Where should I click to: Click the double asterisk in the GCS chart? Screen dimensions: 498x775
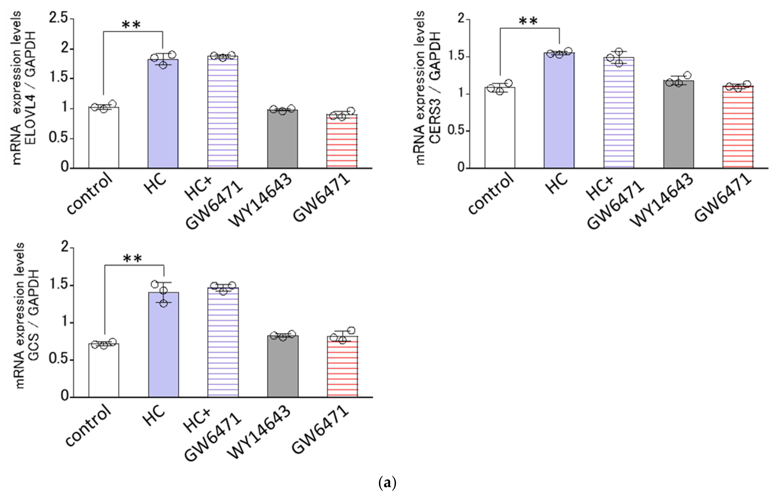tap(133, 259)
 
